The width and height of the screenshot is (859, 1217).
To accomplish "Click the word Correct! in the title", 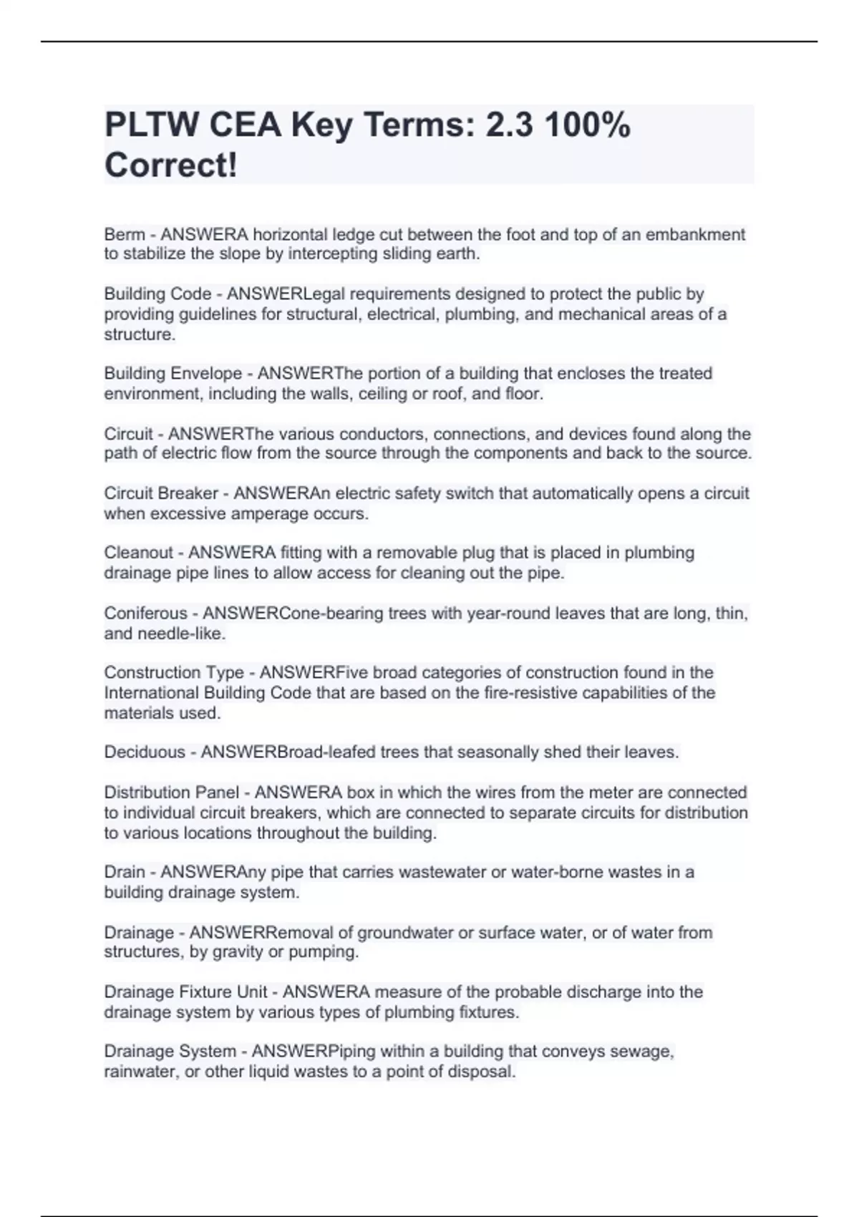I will click(x=170, y=165).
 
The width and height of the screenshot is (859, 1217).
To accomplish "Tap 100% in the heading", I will click(x=587, y=125).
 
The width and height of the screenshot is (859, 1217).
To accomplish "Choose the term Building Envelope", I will click(x=173, y=374).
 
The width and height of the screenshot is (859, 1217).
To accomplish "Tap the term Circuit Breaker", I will click(x=161, y=494).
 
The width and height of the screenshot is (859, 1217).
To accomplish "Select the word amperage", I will click(x=276, y=514).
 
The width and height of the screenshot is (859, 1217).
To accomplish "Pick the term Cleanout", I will click(x=138, y=553).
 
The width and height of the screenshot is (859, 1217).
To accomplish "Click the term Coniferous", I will click(x=145, y=614).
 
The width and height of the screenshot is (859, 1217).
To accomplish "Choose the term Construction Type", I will click(x=174, y=673).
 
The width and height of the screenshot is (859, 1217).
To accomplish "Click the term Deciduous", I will click(x=145, y=752).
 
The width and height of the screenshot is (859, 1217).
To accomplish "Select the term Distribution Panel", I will click(x=171, y=792).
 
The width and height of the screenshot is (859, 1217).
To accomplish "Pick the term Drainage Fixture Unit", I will click(x=185, y=992).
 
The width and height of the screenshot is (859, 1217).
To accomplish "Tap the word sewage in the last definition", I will click(x=646, y=1052).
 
